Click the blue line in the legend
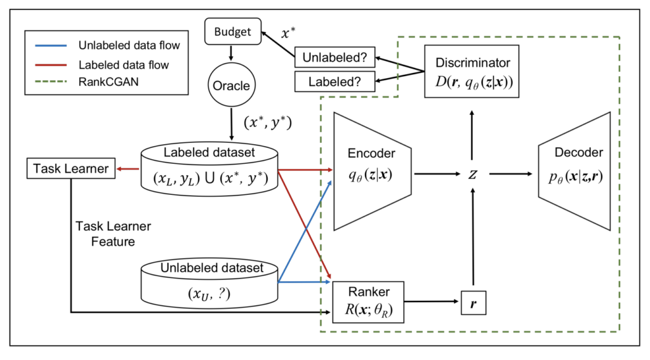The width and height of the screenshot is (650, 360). [50, 46]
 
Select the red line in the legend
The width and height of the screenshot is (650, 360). [50, 65]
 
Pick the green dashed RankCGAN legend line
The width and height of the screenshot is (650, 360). [50, 83]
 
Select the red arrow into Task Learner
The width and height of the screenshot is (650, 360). [129, 170]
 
